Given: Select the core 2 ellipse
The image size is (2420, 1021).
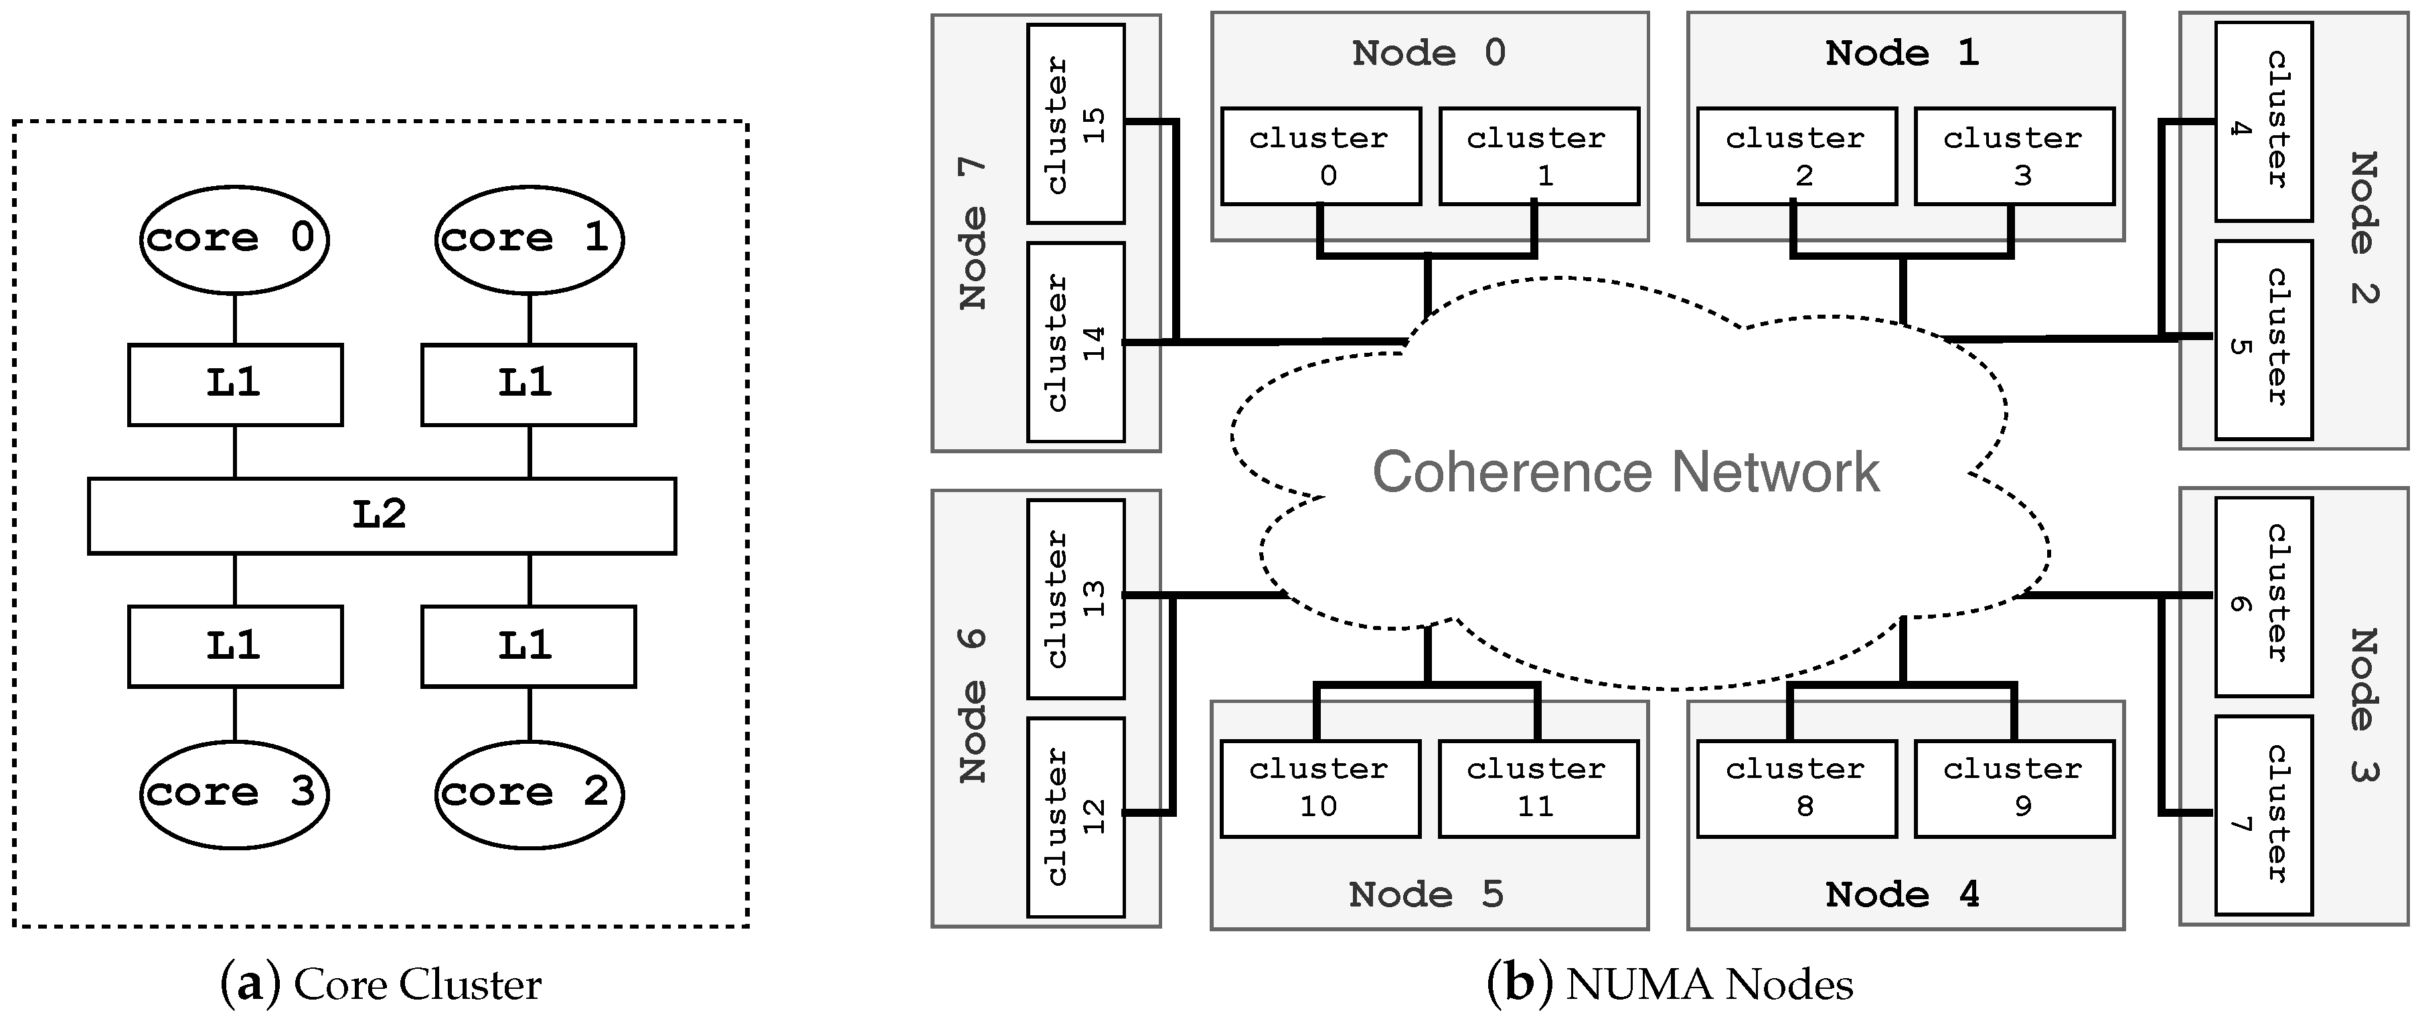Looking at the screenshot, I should coord(529,793).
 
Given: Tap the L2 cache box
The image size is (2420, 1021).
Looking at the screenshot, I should coord(382,516).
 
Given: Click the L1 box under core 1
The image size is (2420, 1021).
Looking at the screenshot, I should coord(528,385).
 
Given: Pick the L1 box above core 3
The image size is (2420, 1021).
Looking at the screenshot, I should coord(235,646).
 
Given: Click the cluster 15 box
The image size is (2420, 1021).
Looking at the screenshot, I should coord(1076,124).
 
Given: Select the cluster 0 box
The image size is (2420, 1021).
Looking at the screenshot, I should coord(1320,156).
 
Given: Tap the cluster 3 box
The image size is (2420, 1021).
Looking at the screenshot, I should coord(2014,156).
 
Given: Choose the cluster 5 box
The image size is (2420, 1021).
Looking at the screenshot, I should coord(2263,340).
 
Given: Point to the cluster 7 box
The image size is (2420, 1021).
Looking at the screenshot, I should coord(2263,815).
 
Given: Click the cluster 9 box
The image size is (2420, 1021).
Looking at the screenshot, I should coord(2014,788).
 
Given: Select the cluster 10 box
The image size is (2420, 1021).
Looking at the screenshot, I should coord(1320,788).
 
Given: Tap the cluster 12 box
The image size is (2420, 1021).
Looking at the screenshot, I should coord(1076,817).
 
